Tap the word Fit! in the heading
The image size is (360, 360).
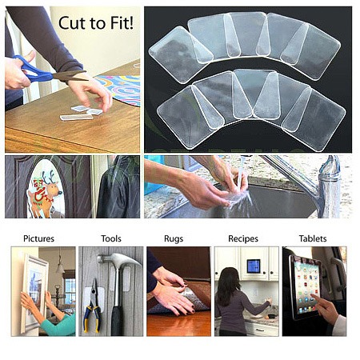(122, 23)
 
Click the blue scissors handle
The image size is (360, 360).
(31, 70)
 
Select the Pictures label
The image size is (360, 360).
(39, 238)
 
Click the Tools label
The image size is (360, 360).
(111, 238)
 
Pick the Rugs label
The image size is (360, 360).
(174, 238)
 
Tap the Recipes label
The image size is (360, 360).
(243, 238)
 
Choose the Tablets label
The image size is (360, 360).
(313, 238)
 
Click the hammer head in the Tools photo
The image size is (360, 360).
(118, 259)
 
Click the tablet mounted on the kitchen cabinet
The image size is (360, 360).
(254, 266)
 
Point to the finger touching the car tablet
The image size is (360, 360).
(317, 298)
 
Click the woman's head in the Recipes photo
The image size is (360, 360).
(230, 278)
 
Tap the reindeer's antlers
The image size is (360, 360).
(49, 177)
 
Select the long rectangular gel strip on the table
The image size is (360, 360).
(77, 117)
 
